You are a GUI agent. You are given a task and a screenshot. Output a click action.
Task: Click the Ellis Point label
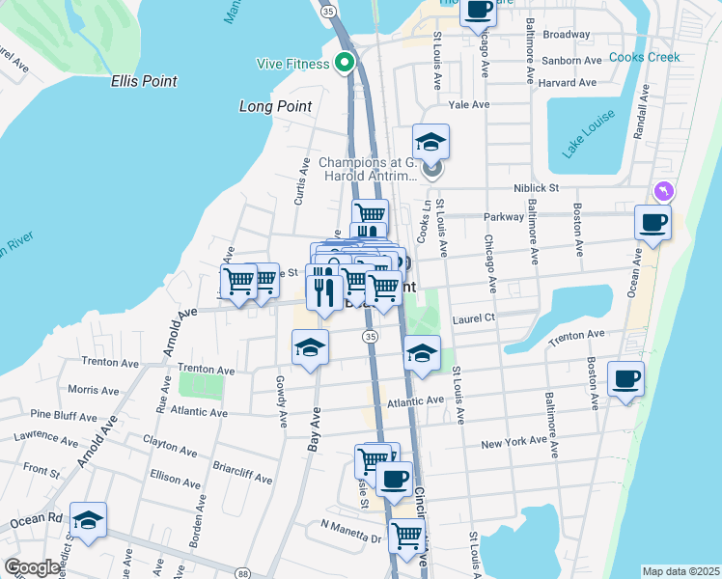click(x=144, y=81)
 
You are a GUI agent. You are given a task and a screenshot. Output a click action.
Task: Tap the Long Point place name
click(x=275, y=106)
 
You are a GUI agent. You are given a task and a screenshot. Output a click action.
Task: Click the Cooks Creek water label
click(x=644, y=57)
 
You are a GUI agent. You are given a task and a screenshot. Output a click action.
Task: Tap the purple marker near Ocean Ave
click(x=663, y=191)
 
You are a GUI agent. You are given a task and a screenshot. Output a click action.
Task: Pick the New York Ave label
click(x=514, y=444)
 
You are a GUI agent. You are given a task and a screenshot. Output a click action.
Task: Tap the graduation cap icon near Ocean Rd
click(x=88, y=521)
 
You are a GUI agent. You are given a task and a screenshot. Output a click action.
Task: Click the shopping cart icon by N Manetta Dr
click(x=406, y=533)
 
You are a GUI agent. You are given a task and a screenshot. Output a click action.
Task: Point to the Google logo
click(x=31, y=567)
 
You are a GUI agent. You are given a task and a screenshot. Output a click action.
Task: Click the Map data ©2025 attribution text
click(x=680, y=571)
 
